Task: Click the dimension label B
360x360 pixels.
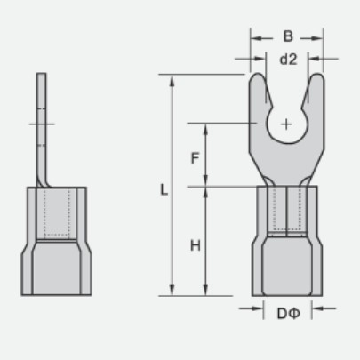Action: click(x=288, y=36)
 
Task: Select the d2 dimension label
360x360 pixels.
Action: click(x=288, y=60)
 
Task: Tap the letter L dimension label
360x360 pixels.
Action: click(x=164, y=189)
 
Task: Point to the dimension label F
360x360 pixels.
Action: click(x=195, y=158)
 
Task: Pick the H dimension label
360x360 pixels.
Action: click(x=196, y=245)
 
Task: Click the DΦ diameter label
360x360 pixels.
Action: click(x=289, y=314)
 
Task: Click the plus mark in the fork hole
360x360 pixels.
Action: click(x=286, y=124)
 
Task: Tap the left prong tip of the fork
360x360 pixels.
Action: click(x=258, y=74)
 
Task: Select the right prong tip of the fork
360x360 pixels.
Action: click(x=316, y=74)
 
